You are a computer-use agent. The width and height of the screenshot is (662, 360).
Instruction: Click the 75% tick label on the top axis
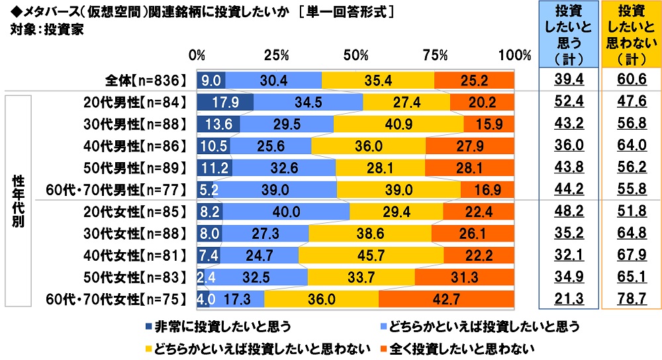click(x=435, y=55)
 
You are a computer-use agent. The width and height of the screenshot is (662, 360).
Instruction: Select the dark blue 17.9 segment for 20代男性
click(x=225, y=103)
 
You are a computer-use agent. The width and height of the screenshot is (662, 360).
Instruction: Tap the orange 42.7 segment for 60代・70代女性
click(x=446, y=299)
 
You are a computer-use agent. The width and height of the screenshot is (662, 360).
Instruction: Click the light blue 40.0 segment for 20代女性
click(x=285, y=212)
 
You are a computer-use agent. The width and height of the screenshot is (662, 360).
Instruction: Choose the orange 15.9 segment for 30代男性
click(x=489, y=124)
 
